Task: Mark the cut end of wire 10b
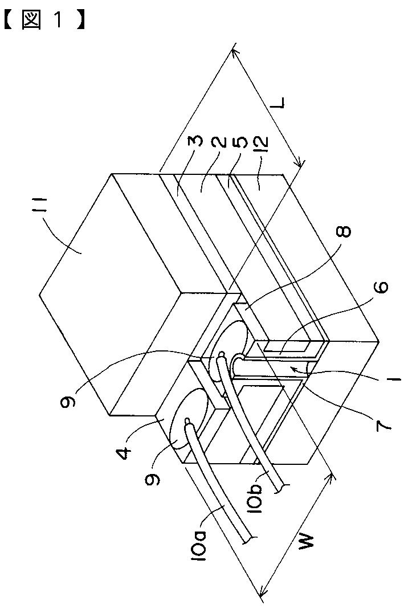(285, 486)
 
